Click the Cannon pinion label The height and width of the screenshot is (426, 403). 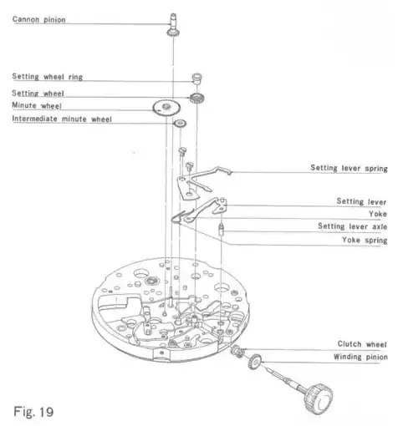[39, 19]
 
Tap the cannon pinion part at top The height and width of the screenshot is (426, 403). [173, 25]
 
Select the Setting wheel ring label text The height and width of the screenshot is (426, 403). [48, 77]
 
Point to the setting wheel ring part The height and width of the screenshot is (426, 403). [197, 79]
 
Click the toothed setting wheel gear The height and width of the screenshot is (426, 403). [197, 98]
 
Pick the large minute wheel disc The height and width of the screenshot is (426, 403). [166, 108]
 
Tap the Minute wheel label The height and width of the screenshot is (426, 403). [37, 105]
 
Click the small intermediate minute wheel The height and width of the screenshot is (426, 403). [180, 124]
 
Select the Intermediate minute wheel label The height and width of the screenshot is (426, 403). [62, 119]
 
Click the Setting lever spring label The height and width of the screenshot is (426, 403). [349, 168]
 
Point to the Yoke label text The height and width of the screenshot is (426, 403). [378, 214]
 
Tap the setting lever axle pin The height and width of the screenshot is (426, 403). [222, 230]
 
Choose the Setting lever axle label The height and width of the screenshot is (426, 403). [353, 226]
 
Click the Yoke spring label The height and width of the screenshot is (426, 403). [365, 240]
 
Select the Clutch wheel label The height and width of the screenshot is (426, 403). [362, 344]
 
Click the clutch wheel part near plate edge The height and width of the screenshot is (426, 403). [237, 351]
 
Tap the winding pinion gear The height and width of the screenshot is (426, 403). [255, 361]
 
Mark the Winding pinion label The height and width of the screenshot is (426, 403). [360, 357]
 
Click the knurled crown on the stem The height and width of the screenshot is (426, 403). [319, 398]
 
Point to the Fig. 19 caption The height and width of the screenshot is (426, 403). [33, 412]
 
